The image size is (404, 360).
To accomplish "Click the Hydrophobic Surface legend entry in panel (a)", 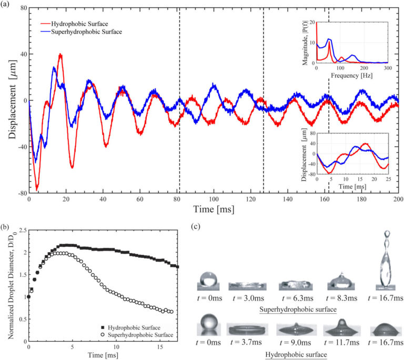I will click(82, 24).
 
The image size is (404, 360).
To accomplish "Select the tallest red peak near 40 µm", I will click(60, 55).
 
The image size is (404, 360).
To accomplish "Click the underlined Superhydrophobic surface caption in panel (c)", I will click(294, 308).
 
